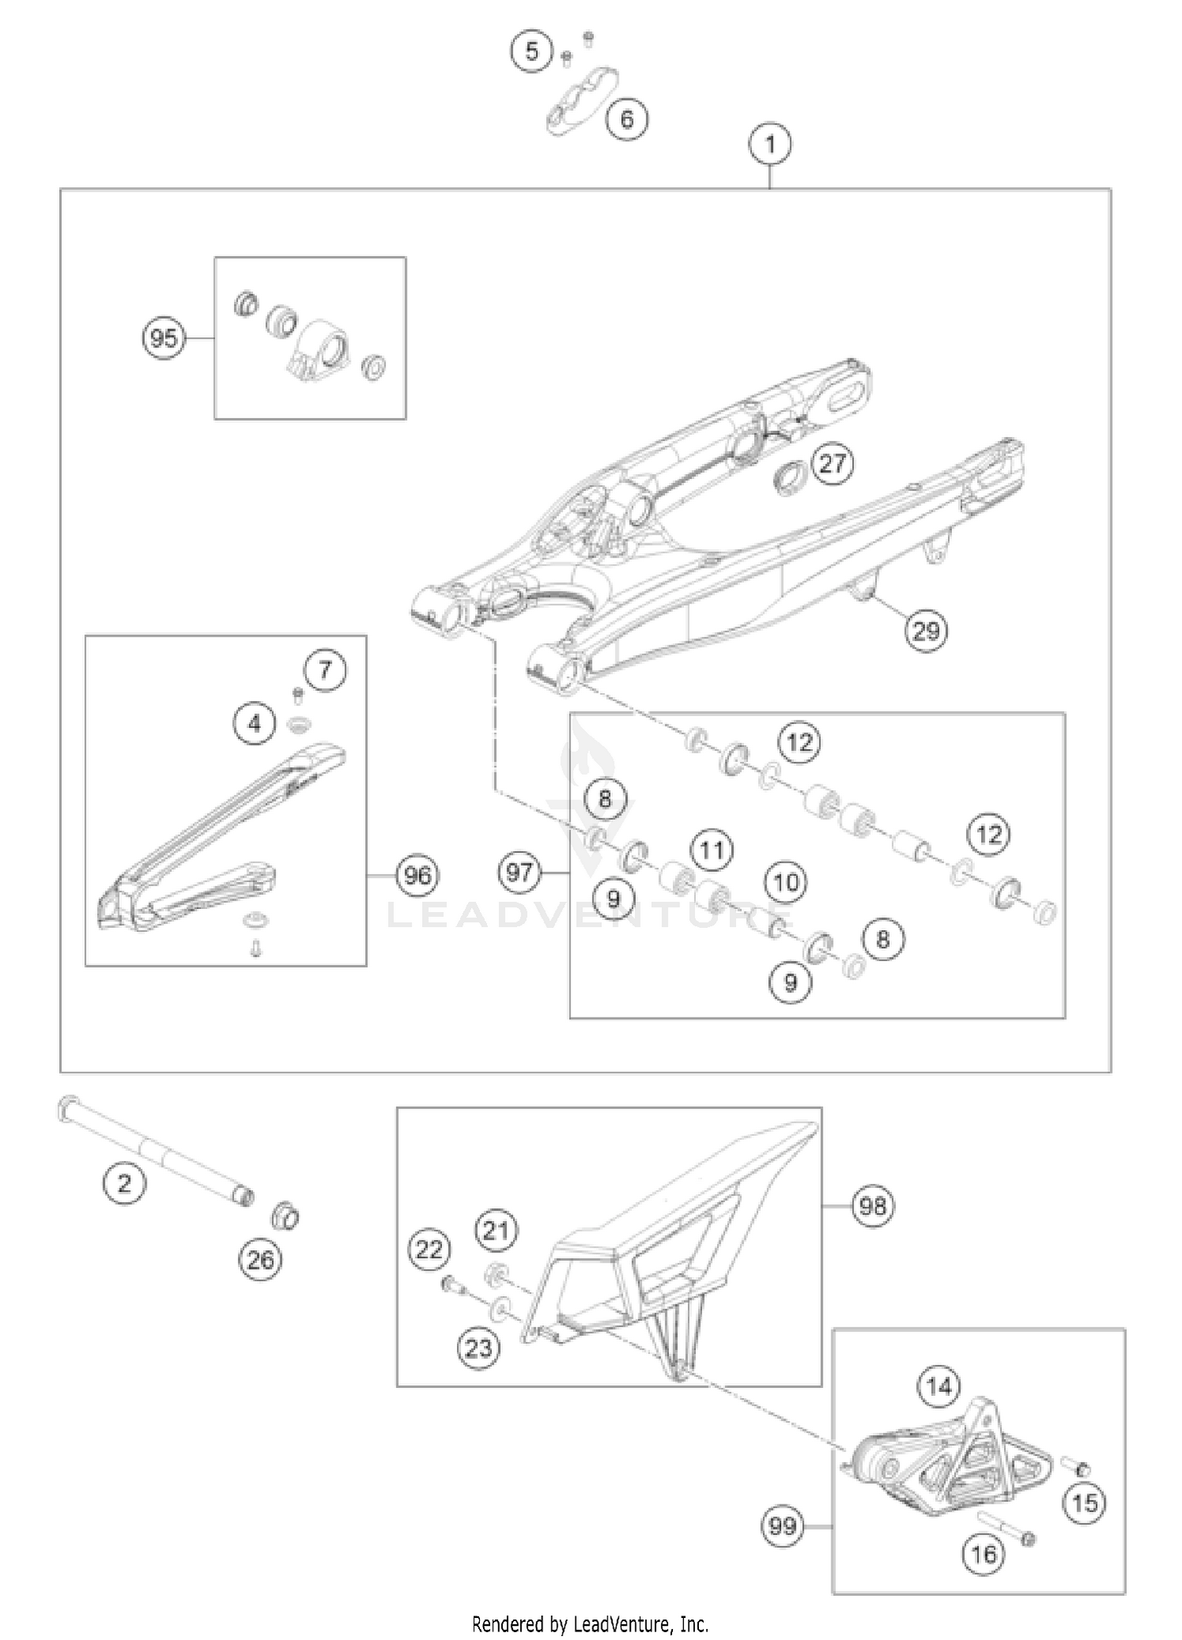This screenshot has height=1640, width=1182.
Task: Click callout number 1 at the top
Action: pyautogui.click(x=770, y=144)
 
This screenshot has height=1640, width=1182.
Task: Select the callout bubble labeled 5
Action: pyautogui.click(x=532, y=51)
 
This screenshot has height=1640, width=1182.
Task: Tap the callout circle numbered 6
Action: pyautogui.click(x=626, y=119)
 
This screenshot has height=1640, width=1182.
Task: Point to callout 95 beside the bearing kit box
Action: pyautogui.click(x=164, y=339)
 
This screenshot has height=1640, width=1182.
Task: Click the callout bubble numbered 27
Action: pyautogui.click(x=833, y=463)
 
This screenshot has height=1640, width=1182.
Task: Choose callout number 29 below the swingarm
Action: pyautogui.click(x=926, y=630)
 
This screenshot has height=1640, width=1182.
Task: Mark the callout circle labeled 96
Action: pyautogui.click(x=418, y=875)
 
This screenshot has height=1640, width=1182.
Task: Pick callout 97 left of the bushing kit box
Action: pyautogui.click(x=520, y=872)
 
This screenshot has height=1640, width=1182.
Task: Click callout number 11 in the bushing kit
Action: pyautogui.click(x=712, y=850)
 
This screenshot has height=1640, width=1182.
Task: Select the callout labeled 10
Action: pyautogui.click(x=786, y=881)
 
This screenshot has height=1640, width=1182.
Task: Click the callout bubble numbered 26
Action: pyautogui.click(x=261, y=1260)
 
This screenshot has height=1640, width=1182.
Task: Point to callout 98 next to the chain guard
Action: pyautogui.click(x=873, y=1206)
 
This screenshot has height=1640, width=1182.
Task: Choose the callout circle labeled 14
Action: pyautogui.click(x=939, y=1386)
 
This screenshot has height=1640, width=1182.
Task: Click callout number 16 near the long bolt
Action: pyautogui.click(x=983, y=1554)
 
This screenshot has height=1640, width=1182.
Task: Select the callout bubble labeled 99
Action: pyautogui.click(x=782, y=1527)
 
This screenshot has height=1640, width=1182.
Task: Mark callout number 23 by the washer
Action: pyautogui.click(x=478, y=1349)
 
